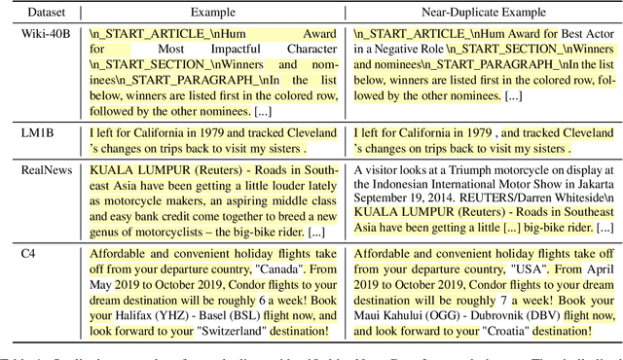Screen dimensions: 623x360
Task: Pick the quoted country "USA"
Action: [x=544, y=270]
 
